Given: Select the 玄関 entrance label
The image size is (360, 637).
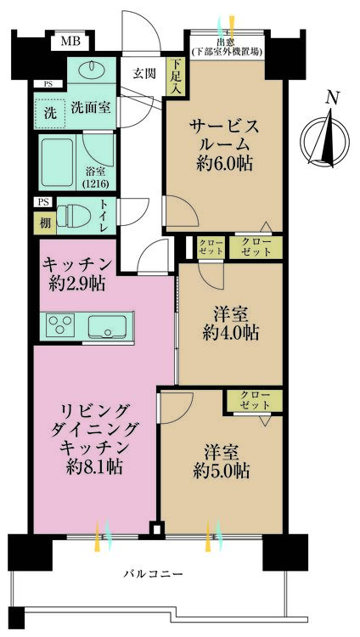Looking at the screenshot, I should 142,73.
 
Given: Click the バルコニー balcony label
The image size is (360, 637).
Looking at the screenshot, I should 155,575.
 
